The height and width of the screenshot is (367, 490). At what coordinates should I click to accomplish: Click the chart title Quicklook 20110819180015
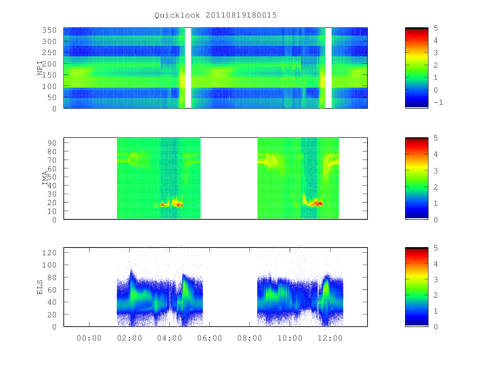click(x=216, y=15)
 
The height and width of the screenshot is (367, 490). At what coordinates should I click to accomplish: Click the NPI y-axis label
click(x=40, y=68)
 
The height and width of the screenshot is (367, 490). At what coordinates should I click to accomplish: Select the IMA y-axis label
click(x=45, y=178)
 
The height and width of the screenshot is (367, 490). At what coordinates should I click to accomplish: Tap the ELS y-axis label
click(x=40, y=287)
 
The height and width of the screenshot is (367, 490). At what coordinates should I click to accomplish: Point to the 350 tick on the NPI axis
click(x=49, y=30)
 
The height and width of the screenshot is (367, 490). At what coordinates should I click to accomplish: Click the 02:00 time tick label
click(x=129, y=338)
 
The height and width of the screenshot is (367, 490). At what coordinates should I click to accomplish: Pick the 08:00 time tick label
click(x=249, y=338)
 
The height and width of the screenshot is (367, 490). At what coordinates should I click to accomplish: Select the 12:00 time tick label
click(x=330, y=338)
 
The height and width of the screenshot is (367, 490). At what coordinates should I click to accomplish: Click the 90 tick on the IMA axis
click(x=52, y=143)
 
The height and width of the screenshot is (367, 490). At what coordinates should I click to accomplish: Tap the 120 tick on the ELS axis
click(x=49, y=253)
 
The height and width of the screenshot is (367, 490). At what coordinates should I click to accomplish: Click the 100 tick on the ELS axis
click(x=49, y=265)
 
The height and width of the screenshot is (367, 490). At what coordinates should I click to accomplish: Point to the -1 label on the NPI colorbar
click(x=438, y=102)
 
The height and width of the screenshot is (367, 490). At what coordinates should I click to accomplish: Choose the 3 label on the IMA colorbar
click(x=436, y=171)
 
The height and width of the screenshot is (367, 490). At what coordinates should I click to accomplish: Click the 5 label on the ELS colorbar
click(x=436, y=248)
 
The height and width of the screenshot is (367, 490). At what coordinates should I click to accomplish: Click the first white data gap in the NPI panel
click(x=188, y=68)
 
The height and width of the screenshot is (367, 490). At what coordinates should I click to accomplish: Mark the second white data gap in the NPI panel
click(x=328, y=68)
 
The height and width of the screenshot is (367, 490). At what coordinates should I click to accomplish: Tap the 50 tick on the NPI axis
click(x=52, y=97)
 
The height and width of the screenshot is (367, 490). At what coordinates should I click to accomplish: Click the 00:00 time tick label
click(x=89, y=338)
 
